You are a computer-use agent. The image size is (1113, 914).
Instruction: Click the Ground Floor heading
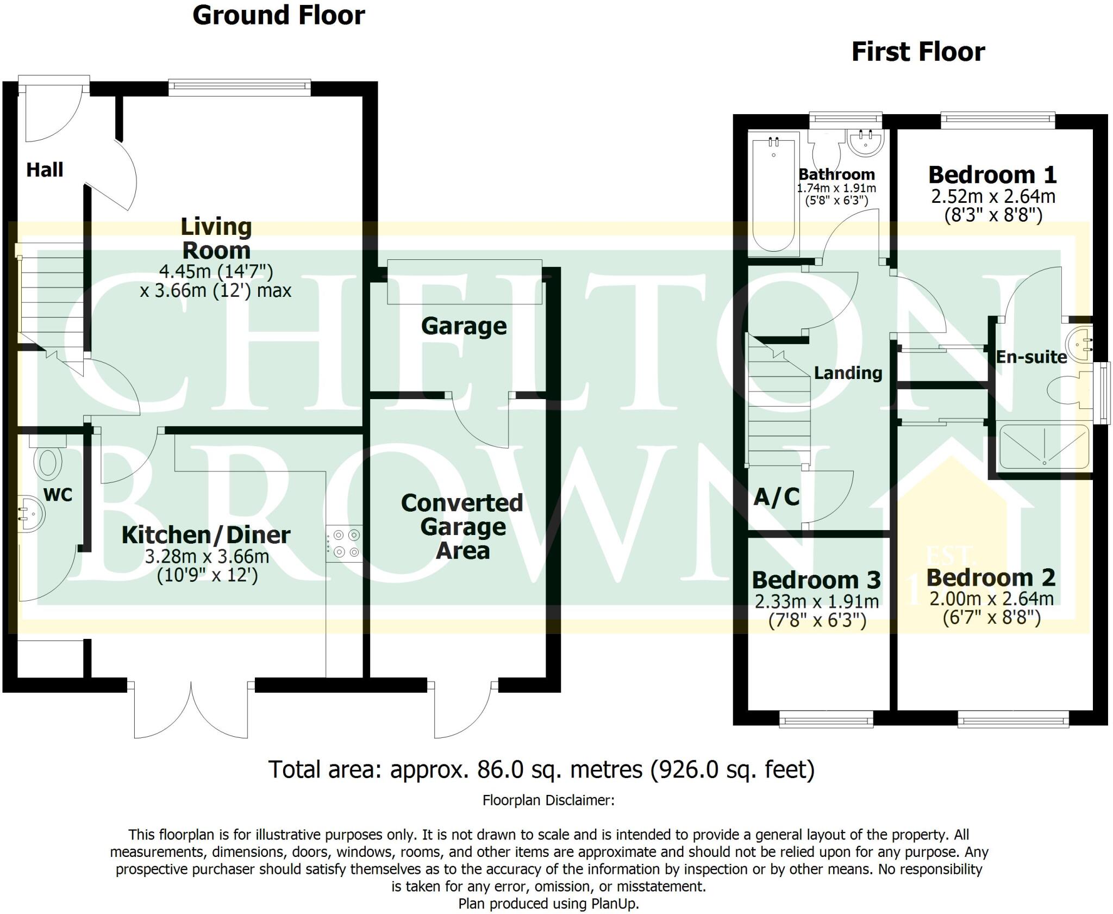point(278,15)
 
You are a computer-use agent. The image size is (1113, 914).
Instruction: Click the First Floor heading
point(917,52)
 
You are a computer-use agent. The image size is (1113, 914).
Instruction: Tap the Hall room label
point(45,170)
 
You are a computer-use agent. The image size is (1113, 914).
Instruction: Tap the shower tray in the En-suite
point(1044,447)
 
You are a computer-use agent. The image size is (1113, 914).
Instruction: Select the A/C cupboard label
point(777,497)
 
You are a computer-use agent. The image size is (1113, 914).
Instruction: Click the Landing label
point(848,373)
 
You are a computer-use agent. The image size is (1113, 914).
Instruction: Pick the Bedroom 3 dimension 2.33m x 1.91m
point(816,602)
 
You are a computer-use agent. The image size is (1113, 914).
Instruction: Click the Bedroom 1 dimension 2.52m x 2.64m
point(993,196)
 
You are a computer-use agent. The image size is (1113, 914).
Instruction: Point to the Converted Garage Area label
point(462,526)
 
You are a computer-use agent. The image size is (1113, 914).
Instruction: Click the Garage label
point(464,326)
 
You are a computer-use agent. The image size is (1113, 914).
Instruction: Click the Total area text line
point(541,769)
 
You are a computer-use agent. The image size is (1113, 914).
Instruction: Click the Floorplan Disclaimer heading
point(548,800)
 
